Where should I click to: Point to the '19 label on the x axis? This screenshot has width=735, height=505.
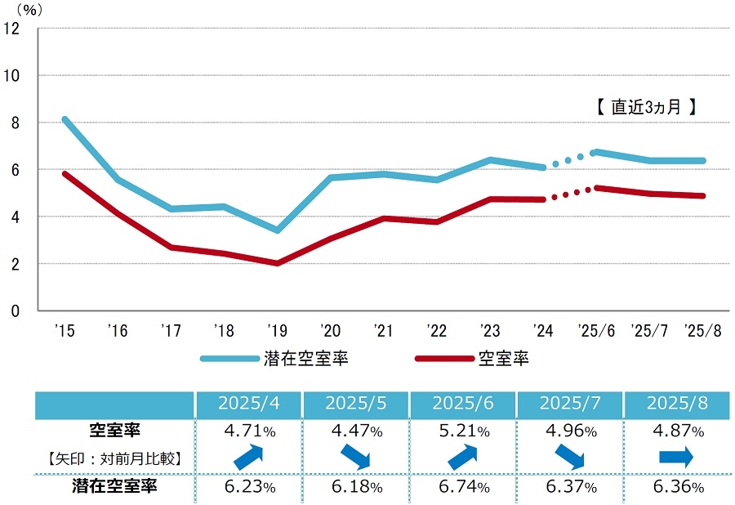coord(278,331)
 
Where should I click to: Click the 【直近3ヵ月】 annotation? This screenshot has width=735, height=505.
coord(645,106)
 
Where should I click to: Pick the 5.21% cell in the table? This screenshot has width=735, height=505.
coord(462,431)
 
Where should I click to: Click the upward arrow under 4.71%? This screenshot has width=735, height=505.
coord(248,457)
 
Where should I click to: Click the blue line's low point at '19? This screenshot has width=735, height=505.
coord(278,230)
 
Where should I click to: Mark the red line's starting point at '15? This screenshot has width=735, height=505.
coord(65,173)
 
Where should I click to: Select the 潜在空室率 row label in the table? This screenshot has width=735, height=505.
coord(114,487)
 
